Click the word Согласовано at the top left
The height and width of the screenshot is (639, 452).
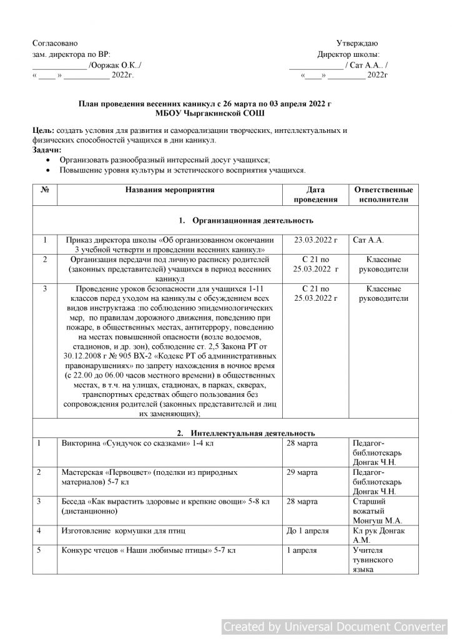tap(55, 43)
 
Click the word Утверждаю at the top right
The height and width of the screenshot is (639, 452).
tap(356, 43)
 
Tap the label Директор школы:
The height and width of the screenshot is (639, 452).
tap(348, 54)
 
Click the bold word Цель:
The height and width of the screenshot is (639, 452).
tap(43, 131)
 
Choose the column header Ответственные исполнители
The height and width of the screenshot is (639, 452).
tap(383, 194)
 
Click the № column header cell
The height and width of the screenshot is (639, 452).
tap(44, 189)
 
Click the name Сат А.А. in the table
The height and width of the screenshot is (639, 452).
tap(368, 240)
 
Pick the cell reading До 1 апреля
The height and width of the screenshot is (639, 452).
tap(307, 530)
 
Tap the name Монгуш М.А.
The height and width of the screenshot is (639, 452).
tap(378, 520)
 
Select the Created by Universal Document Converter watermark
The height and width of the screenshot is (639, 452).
tap(335, 626)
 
